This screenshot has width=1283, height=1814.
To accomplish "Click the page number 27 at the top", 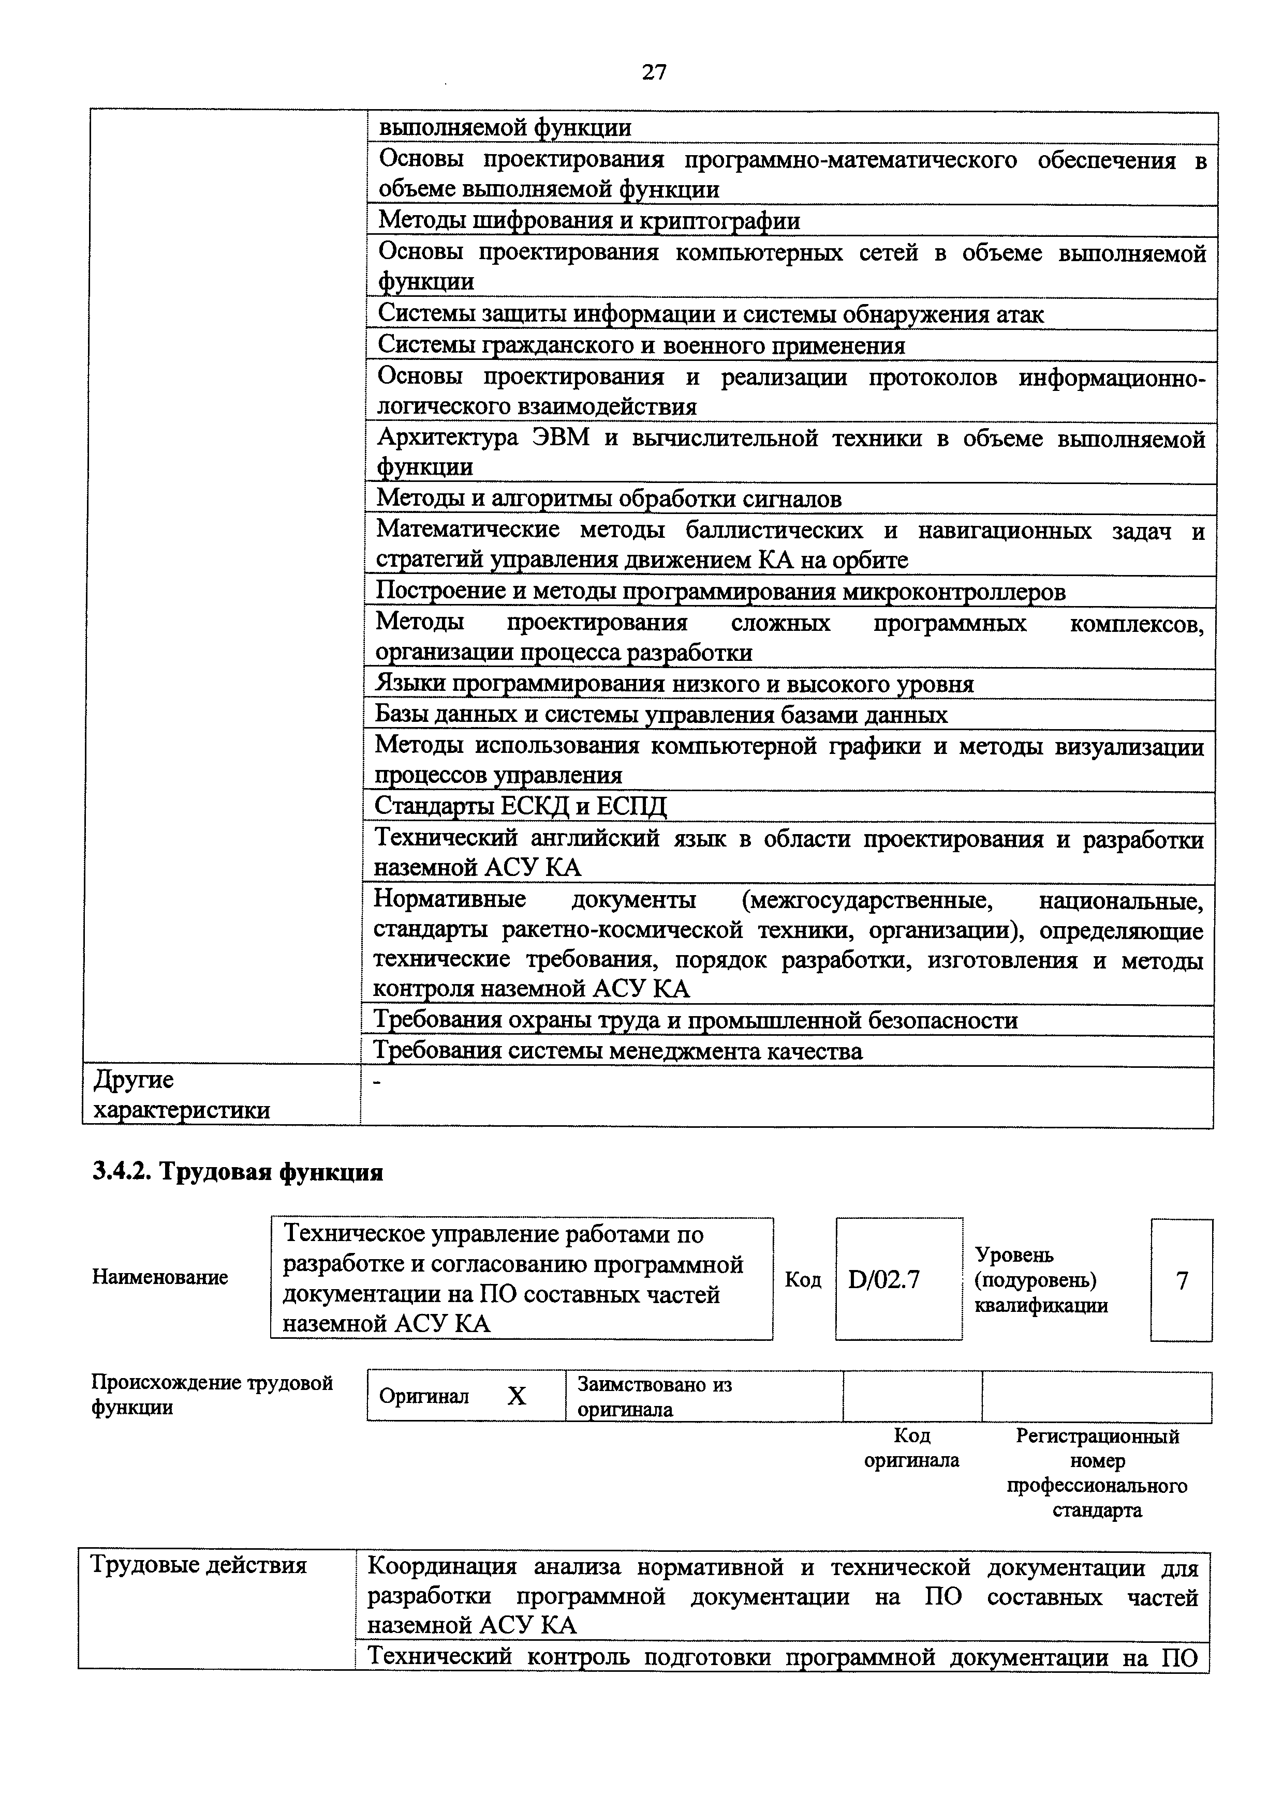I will [x=654, y=73].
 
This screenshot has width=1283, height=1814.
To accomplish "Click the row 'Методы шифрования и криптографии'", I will [x=589, y=220].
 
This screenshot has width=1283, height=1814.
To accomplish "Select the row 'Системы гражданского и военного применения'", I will [x=641, y=345].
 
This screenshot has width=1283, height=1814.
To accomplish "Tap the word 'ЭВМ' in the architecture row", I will [x=561, y=437].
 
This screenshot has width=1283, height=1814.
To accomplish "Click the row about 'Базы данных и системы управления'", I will [x=661, y=715].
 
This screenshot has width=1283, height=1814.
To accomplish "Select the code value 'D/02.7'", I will [x=884, y=1279].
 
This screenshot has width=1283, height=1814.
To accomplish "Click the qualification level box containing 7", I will [x=1181, y=1280].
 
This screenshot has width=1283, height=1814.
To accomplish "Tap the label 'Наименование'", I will [x=160, y=1278].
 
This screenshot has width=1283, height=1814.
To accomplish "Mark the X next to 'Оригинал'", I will [x=516, y=1396].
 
